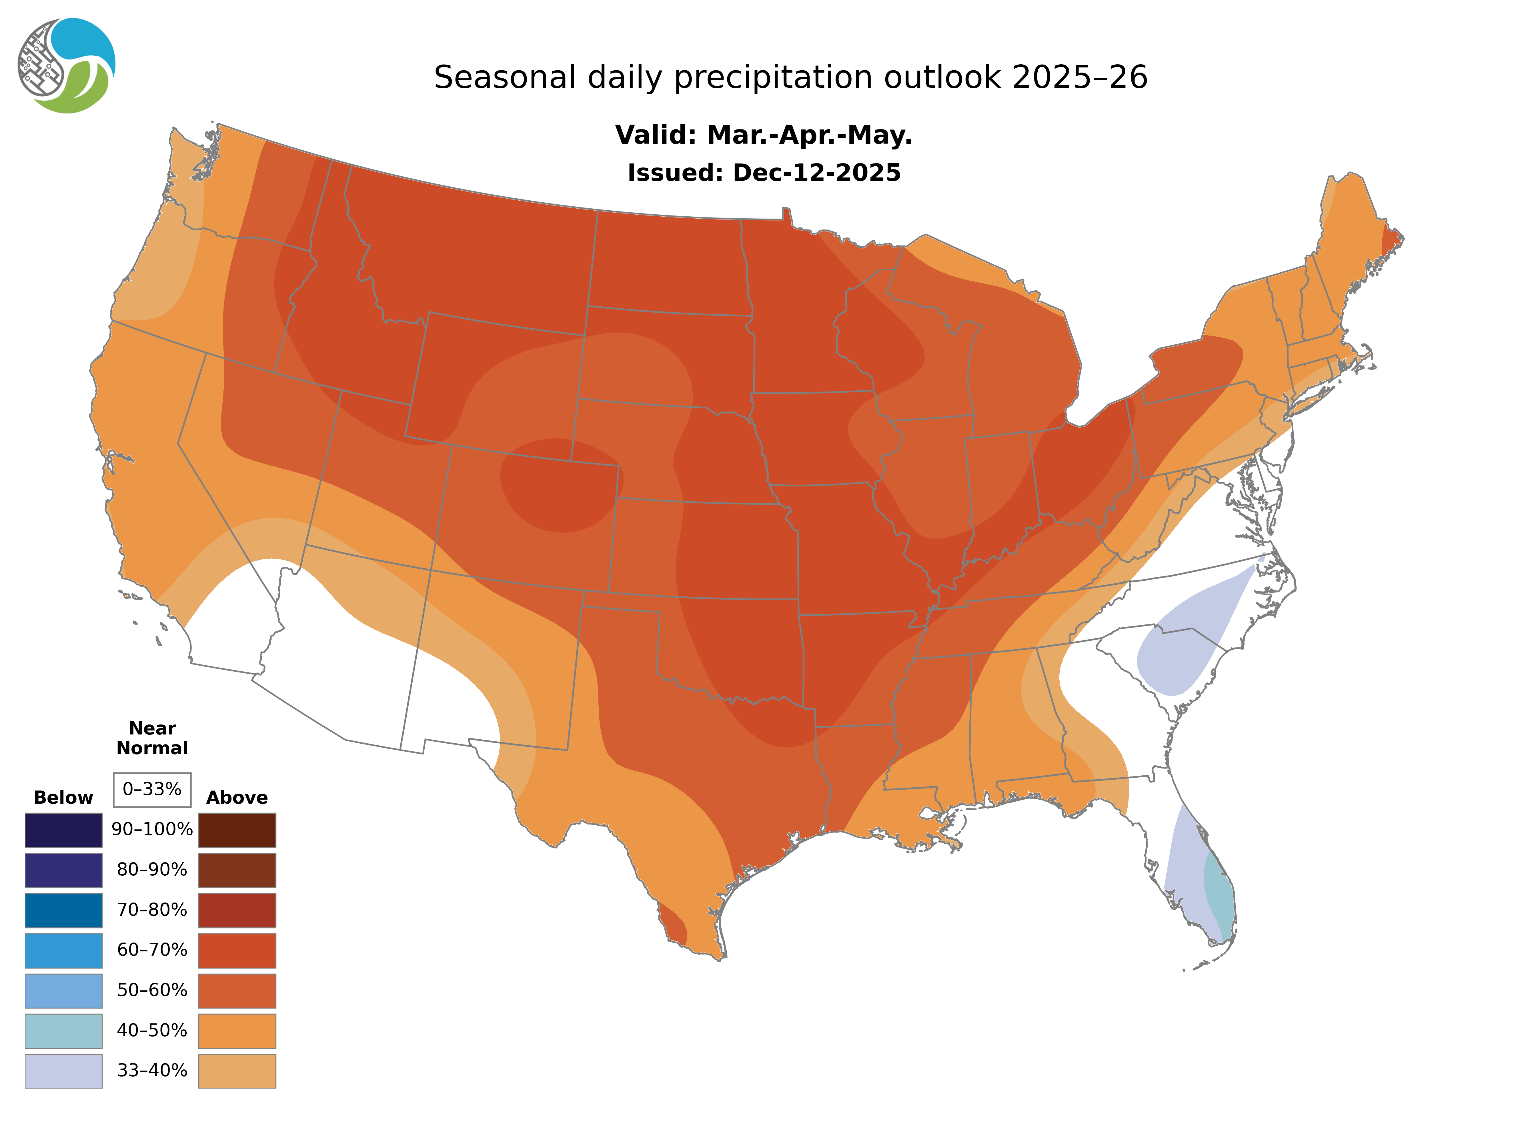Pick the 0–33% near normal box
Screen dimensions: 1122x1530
[x=152, y=789]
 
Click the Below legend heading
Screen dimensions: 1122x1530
[x=63, y=797]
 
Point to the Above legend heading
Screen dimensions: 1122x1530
[x=237, y=797]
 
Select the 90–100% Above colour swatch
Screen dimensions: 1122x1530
[x=237, y=830]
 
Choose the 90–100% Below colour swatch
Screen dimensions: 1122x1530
[x=63, y=830]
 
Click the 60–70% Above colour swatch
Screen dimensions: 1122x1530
[x=237, y=950]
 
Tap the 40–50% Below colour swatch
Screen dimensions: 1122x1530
[x=63, y=1030]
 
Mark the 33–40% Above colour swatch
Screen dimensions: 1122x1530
[x=237, y=1070]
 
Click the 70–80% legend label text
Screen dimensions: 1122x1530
[x=152, y=910]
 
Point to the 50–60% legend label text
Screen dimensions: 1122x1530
[x=152, y=990]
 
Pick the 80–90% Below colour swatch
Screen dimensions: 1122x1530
[x=63, y=870]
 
